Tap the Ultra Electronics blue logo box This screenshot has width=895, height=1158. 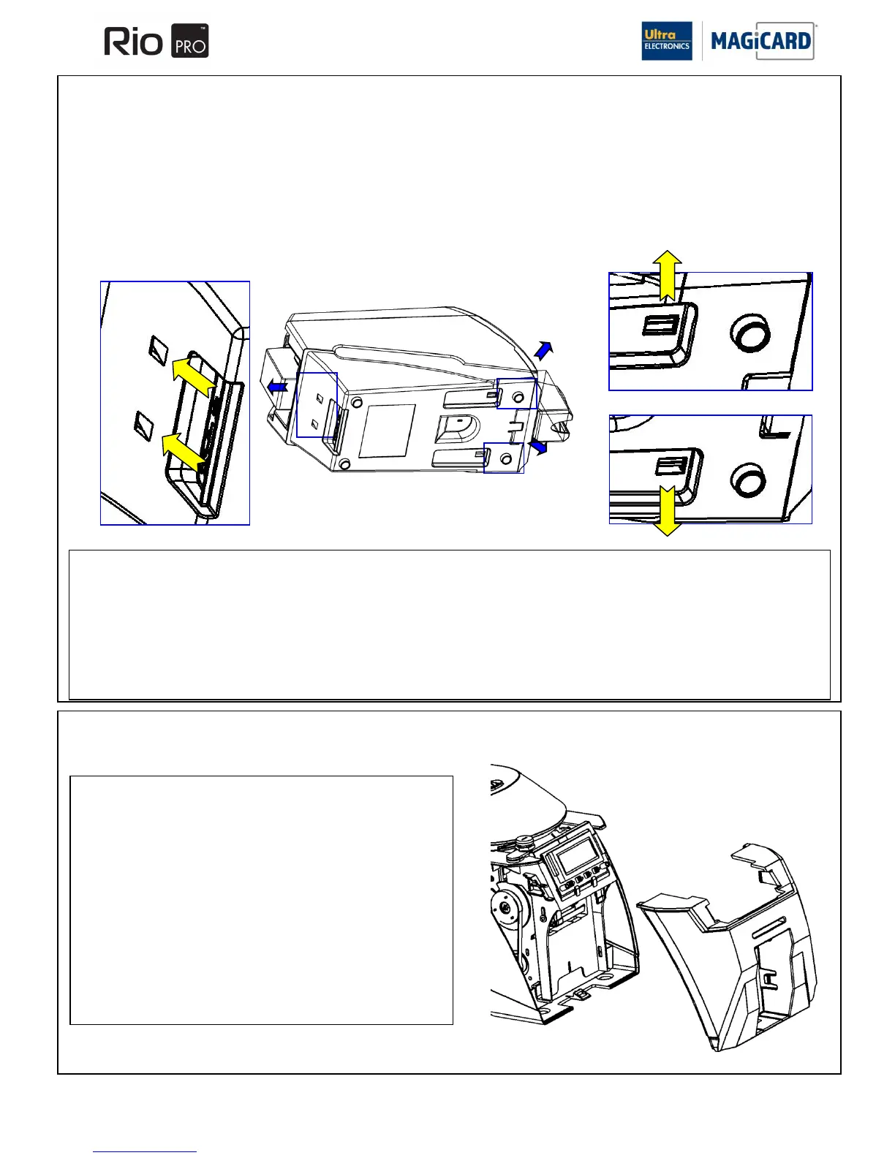coord(666,41)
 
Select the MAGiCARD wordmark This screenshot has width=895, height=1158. coord(761,41)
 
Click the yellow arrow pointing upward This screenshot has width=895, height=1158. coord(667,274)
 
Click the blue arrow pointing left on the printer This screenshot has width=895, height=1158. coord(276,387)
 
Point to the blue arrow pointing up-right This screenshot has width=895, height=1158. coord(543,350)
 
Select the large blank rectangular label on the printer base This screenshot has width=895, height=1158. coord(388,431)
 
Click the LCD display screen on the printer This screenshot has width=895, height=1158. coord(575,854)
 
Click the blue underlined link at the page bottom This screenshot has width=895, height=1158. coord(145,1151)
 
